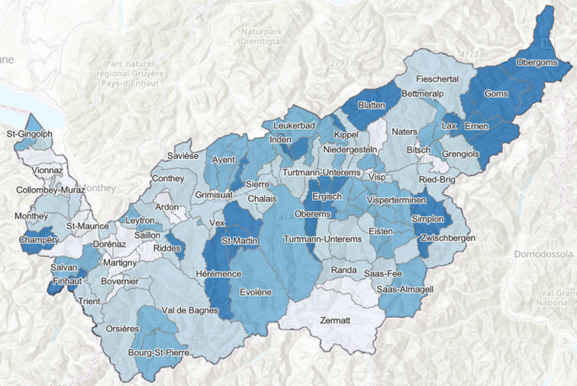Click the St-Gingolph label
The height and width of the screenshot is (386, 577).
[29, 135]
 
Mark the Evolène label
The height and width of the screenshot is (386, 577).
[256, 292]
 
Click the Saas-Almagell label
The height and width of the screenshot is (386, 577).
[405, 290]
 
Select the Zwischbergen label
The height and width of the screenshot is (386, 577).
[448, 239]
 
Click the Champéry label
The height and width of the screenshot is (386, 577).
[40, 241]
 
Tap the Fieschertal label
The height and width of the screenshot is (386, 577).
[437, 79]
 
